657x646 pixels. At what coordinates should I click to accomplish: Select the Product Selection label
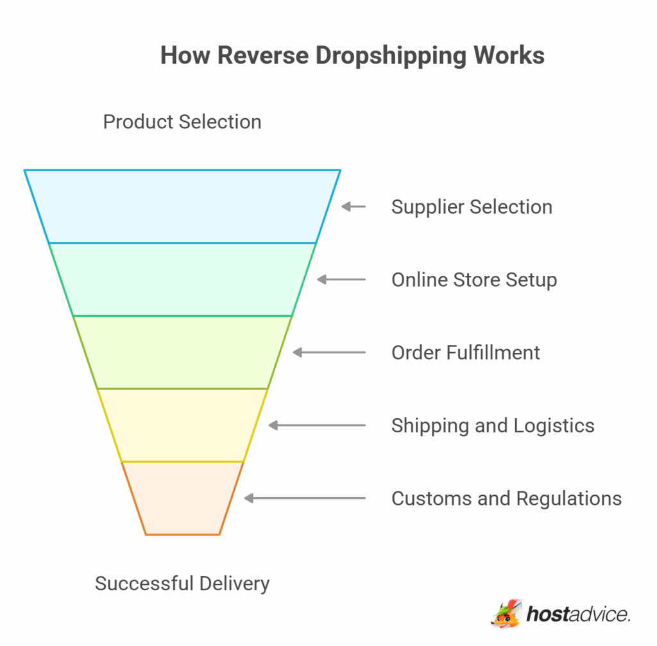pos(182,122)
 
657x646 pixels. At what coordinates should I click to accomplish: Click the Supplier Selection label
pos(472,207)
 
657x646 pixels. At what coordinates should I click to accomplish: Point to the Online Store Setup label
pos(474,280)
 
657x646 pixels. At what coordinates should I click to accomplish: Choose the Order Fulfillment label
pos(466,352)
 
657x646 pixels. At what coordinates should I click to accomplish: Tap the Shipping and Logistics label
pos(493,425)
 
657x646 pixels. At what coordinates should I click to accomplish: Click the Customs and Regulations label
pos(506,498)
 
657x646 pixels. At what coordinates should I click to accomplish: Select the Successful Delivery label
pos(182,584)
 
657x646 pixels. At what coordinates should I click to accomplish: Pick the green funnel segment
pos(182,280)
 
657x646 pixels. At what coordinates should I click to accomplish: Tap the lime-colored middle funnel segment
pos(182,352)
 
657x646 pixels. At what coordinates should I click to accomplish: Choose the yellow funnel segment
pos(182,425)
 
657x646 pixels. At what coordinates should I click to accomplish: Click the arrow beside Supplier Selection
pos(353,207)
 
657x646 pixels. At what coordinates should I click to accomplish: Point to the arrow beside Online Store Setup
pos(341,280)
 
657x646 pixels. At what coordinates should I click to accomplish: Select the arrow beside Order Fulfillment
pos(328,352)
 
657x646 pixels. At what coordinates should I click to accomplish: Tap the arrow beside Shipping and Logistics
pos(316,425)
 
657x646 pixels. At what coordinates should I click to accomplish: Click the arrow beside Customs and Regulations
pos(304,498)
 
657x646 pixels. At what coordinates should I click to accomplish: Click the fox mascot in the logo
pos(508,614)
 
